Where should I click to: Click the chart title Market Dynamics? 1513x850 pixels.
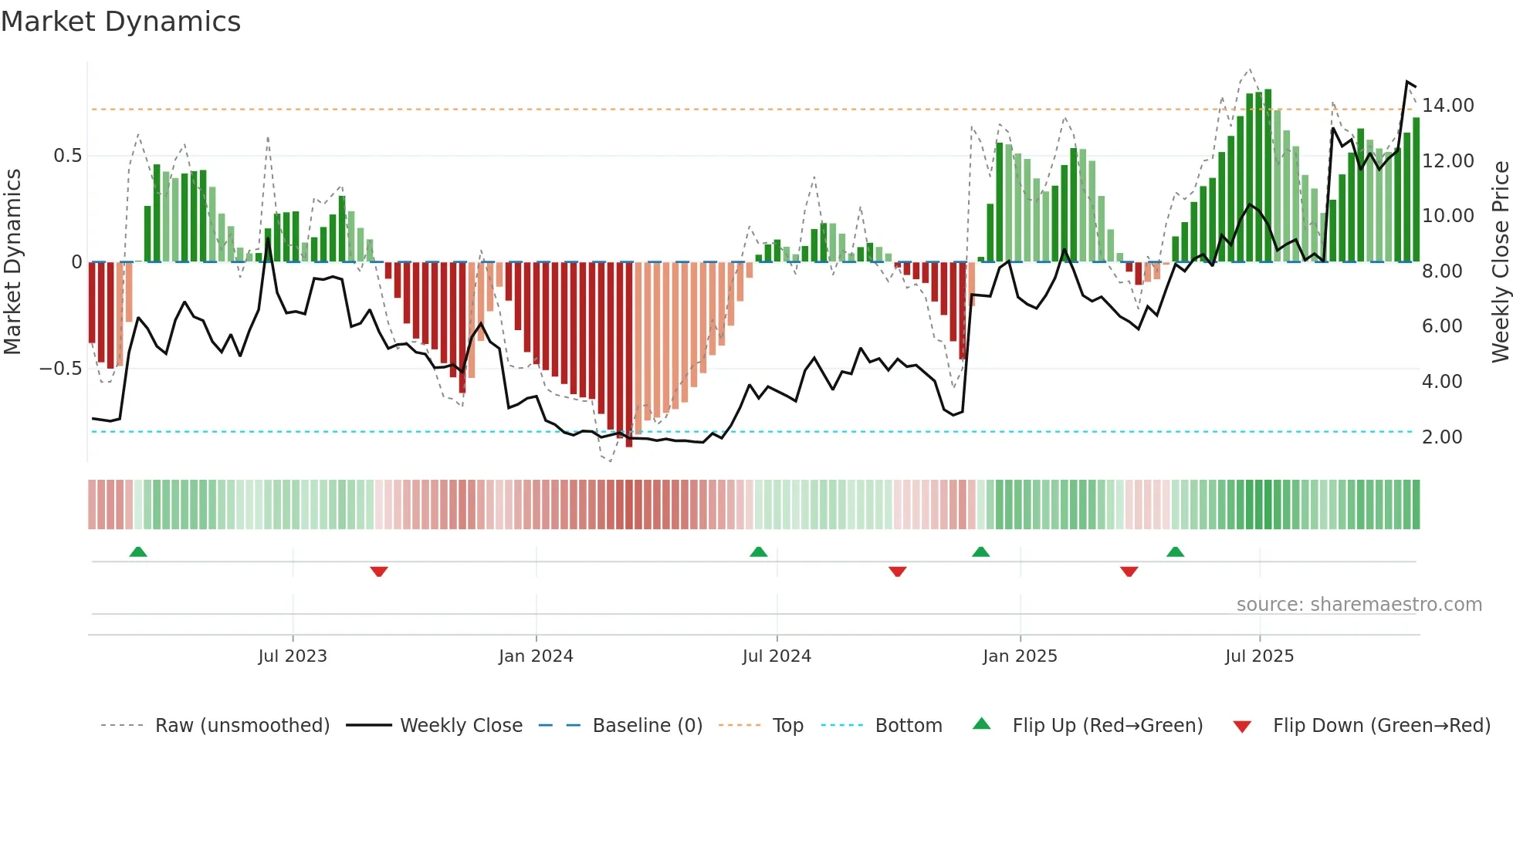pos(120,22)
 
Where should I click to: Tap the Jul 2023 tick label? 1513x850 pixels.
pos(293,656)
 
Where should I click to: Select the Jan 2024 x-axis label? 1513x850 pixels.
pos(536,656)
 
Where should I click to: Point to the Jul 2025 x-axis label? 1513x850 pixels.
pos(1259,656)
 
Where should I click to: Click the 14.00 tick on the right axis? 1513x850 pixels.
pos(1448,106)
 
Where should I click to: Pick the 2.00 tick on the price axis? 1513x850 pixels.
pos(1442,437)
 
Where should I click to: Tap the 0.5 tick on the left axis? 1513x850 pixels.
pos(67,156)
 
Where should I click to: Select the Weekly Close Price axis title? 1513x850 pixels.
pos(1500,262)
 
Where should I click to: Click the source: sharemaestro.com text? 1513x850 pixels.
pos(1359,605)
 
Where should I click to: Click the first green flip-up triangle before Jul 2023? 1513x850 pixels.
pos(138,551)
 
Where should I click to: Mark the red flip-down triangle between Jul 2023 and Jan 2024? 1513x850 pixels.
pos(379,572)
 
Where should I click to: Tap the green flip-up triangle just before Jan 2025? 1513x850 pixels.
pos(980,551)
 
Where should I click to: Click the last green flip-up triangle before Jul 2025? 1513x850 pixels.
pos(1175,551)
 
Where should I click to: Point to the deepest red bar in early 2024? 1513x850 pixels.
pos(629,355)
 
